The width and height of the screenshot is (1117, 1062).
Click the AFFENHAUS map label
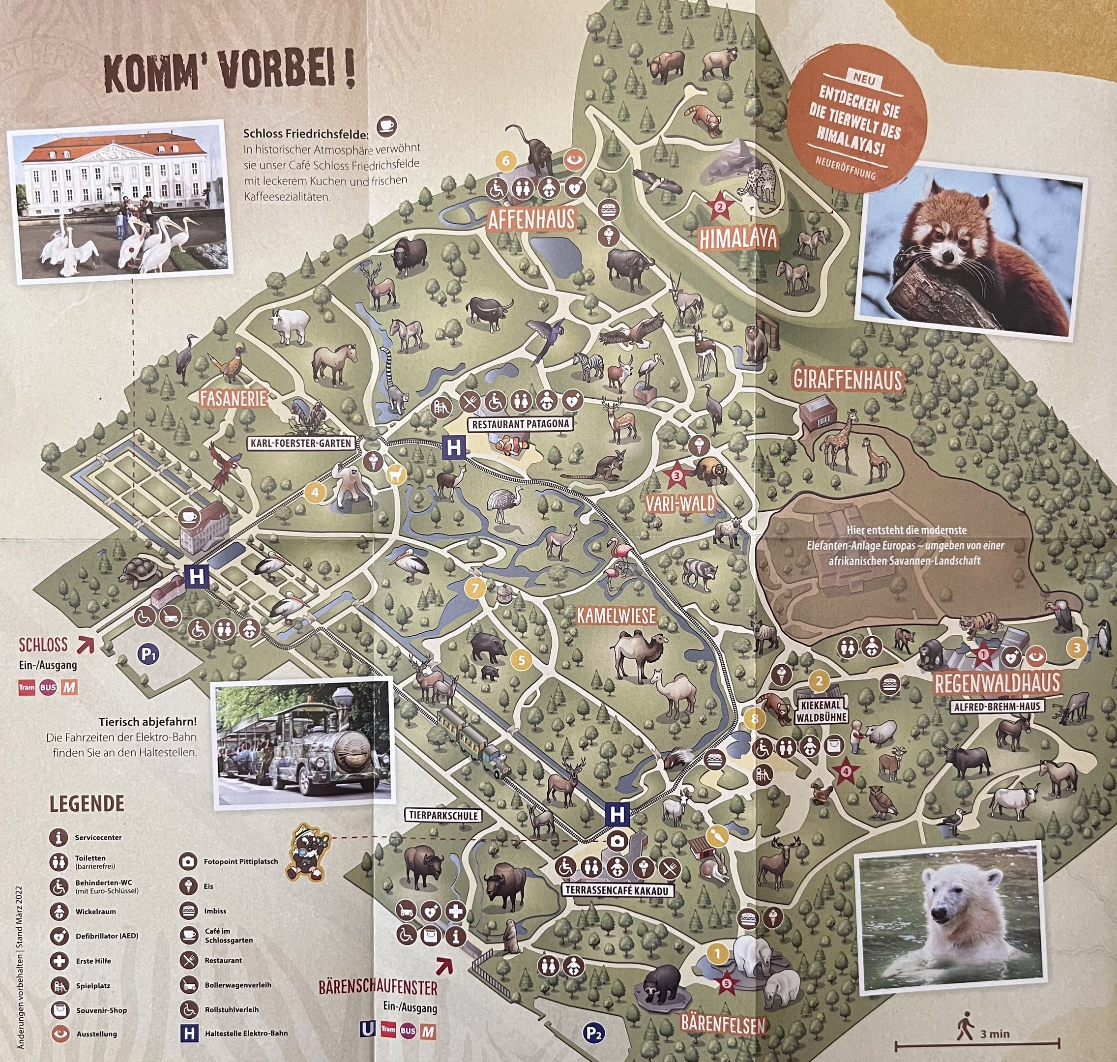tap(531, 219)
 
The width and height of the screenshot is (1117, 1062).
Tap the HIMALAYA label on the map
tap(737, 239)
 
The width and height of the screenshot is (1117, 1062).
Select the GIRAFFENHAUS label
tap(847, 379)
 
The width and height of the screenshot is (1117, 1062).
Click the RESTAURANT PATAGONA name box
tap(520, 424)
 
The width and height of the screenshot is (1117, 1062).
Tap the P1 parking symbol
tap(148, 655)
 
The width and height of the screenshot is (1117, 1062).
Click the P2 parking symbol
tap(593, 1033)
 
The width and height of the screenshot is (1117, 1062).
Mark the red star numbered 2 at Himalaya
tap(720, 206)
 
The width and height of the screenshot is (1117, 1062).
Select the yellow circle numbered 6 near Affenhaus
tap(505, 161)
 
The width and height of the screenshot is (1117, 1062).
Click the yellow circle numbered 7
tap(475, 588)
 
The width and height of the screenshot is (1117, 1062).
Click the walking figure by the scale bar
tap(964, 1029)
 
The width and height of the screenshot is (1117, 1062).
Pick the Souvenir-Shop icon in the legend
tap(59, 1009)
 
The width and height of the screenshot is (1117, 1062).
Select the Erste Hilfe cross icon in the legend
tap(59, 961)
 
